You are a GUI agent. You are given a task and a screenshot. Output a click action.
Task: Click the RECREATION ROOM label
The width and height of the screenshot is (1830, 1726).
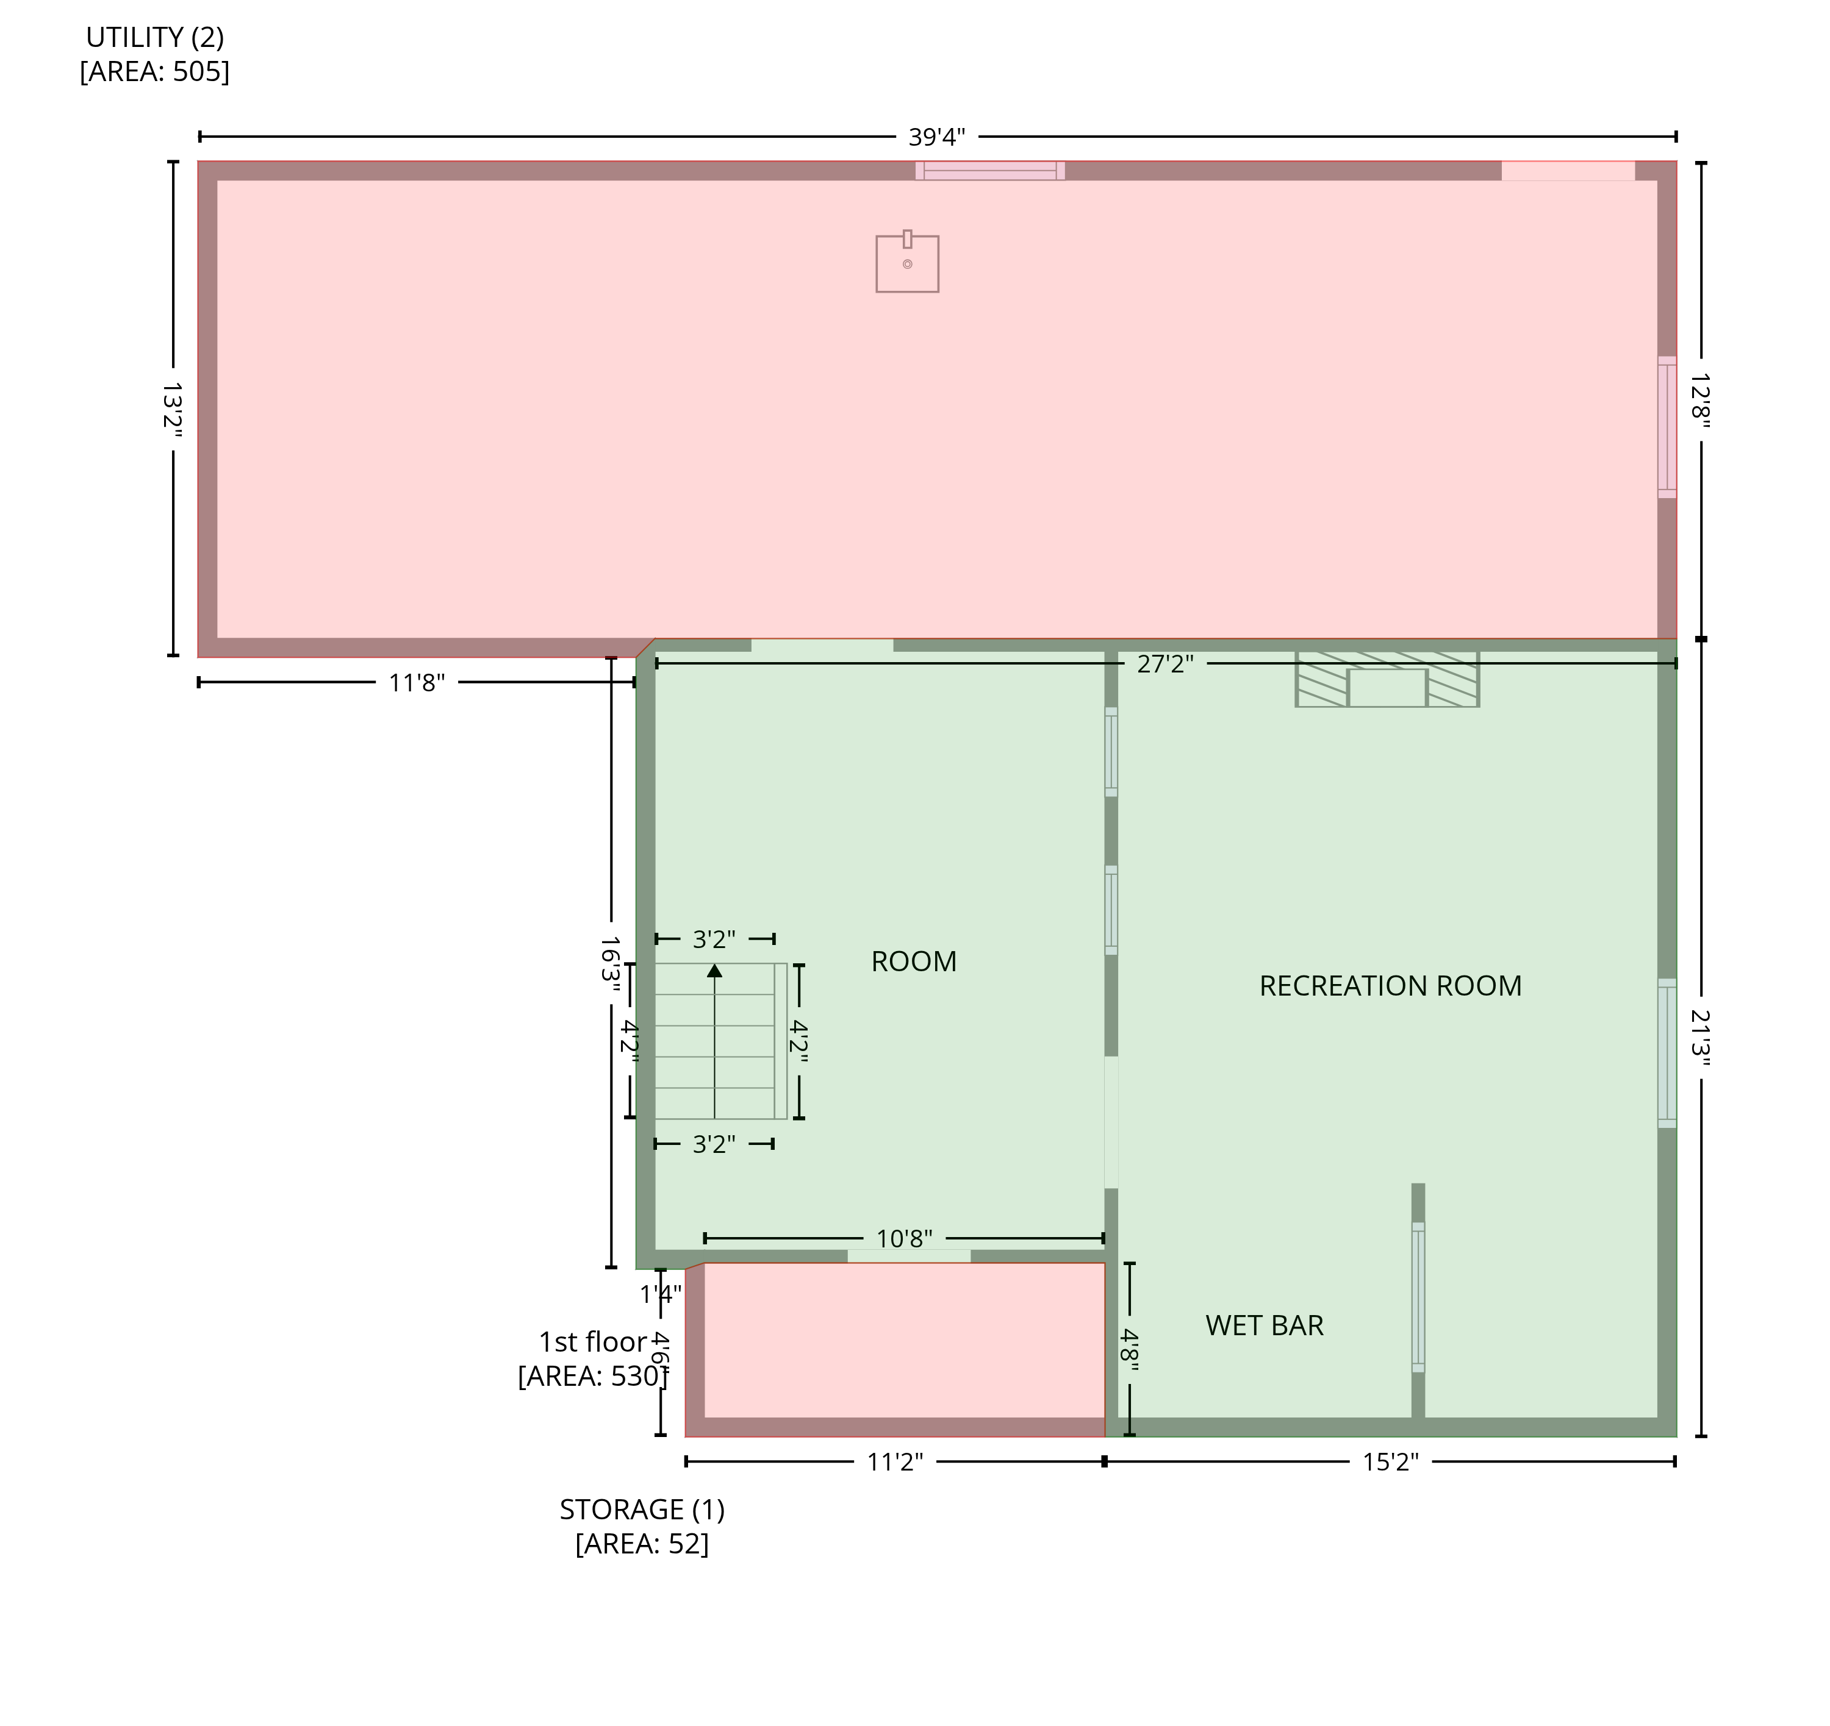[1390, 986]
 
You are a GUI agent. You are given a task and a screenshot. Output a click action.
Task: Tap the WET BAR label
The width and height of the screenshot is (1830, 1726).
[1264, 1326]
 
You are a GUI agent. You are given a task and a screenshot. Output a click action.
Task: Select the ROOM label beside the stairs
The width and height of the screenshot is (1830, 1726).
[913, 961]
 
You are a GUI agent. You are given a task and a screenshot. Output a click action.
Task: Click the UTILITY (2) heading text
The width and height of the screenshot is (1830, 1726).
[155, 38]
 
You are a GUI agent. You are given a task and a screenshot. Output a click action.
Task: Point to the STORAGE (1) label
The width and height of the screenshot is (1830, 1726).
[642, 1510]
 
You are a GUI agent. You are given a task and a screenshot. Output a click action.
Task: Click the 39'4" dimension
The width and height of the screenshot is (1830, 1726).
[936, 137]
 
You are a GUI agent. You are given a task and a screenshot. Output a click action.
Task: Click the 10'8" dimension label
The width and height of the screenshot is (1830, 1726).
[904, 1238]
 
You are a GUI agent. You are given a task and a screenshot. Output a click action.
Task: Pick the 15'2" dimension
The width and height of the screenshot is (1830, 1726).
[1390, 1462]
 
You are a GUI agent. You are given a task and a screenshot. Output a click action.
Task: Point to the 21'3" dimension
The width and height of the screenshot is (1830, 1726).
[1700, 1038]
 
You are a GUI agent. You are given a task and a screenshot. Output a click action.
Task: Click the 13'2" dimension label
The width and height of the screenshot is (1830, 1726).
[172, 410]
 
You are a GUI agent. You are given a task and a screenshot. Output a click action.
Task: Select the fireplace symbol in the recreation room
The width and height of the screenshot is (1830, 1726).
[1387, 679]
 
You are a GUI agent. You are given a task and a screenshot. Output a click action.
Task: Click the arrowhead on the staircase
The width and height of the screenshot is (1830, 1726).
[714, 971]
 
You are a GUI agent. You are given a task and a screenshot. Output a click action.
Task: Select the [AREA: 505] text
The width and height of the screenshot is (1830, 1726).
[155, 72]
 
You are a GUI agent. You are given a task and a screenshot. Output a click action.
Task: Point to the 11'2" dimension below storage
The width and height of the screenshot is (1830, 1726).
[895, 1462]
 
